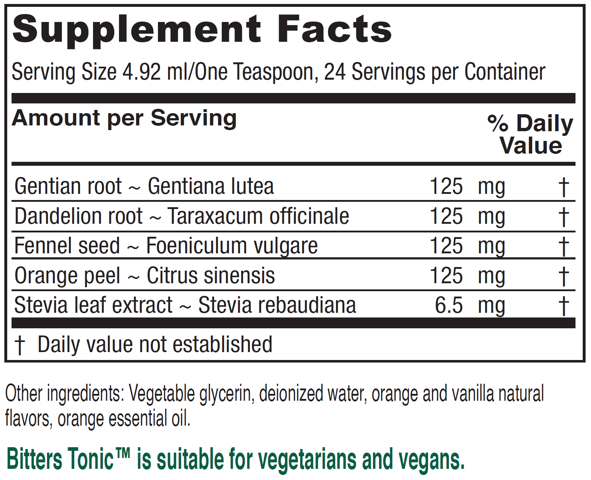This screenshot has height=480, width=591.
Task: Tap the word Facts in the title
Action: coord(334,29)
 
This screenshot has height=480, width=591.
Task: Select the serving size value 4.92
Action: coord(141,72)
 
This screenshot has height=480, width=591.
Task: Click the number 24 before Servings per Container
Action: coord(335,72)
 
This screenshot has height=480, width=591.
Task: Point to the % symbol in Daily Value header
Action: coord(498,123)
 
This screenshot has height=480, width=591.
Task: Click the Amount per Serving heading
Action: coord(124,118)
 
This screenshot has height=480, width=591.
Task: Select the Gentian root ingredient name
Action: coord(68,187)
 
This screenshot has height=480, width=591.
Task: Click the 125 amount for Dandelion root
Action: coord(446,216)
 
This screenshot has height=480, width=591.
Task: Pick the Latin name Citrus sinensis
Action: coord(211,276)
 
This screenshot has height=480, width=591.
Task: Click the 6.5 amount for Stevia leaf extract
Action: coord(449,306)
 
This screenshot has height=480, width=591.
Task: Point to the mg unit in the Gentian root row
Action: coord(491,187)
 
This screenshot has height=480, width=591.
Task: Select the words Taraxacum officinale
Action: coord(258,216)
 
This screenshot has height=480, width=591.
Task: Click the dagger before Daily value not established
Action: coord(19,345)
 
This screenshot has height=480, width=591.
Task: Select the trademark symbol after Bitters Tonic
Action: coord(123,453)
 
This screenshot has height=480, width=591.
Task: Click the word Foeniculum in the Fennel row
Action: coord(197,246)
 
